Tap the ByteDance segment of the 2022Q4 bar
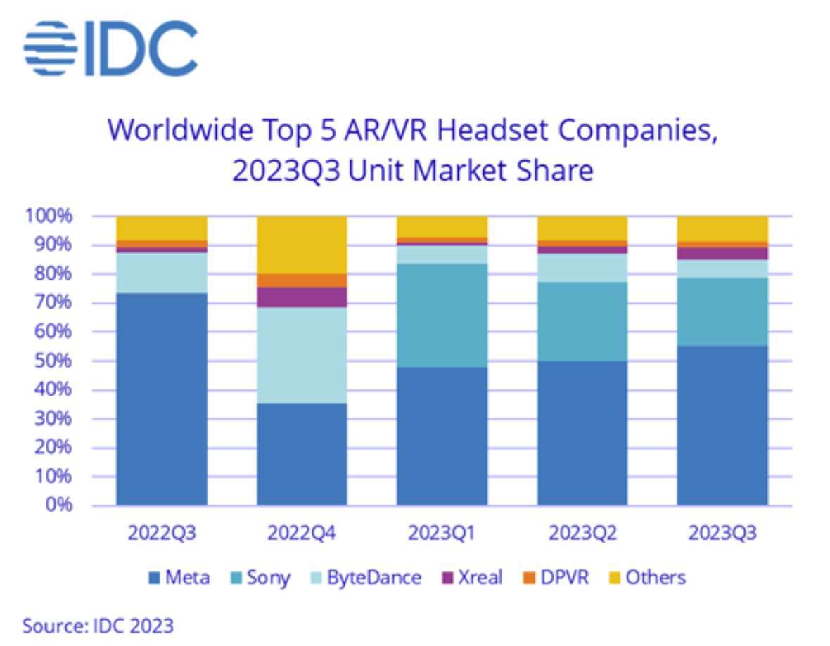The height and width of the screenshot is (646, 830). coord(302,356)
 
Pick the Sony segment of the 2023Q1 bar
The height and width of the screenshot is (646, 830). coord(442,315)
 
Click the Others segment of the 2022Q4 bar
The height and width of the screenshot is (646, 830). coord(302,245)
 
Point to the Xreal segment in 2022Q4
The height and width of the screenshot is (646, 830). coord(302,297)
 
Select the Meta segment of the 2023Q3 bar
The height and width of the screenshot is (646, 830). coord(722,425)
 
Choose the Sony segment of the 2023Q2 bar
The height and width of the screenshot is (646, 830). coord(582,321)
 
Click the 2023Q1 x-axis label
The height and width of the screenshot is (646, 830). coord(442,533)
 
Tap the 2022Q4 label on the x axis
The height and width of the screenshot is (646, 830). coord(302,533)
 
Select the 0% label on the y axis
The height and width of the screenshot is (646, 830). coord(60,505)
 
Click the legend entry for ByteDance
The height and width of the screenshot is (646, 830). coord(366,578)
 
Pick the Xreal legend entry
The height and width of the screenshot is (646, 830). coord(472,578)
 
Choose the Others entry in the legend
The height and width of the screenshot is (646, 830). coord(646,578)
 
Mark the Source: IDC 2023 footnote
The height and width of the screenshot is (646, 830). coord(98,625)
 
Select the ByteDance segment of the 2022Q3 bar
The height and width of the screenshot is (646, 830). coord(162,272)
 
